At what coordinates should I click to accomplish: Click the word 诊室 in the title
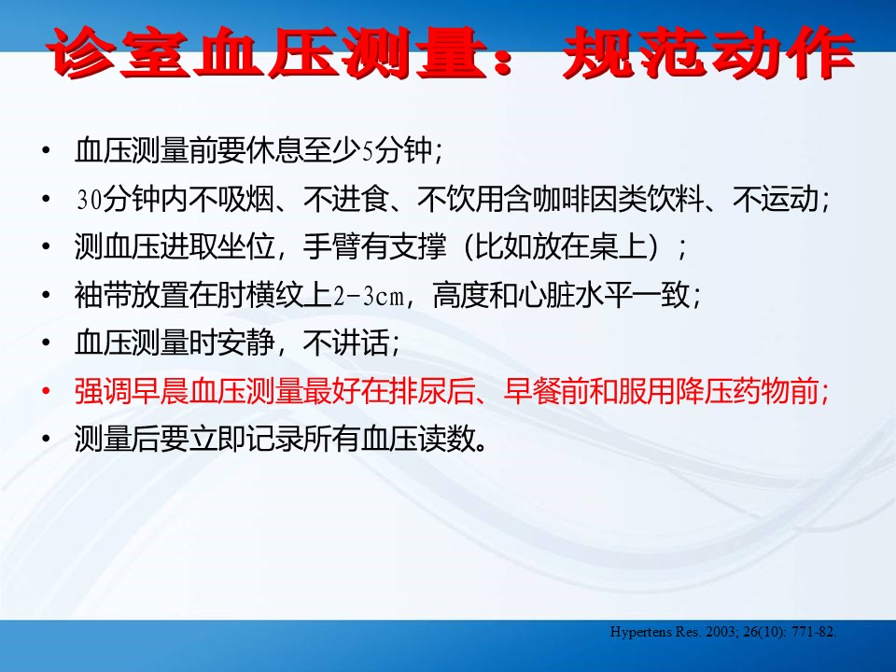(x=119, y=52)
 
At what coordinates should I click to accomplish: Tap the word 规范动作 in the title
(x=708, y=52)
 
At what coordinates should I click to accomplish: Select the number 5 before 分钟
(x=369, y=152)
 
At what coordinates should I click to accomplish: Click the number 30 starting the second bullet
(x=90, y=200)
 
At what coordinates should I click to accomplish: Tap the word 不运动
(x=776, y=200)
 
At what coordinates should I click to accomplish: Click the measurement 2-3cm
(x=369, y=297)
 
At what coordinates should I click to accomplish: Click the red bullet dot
(x=46, y=391)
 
